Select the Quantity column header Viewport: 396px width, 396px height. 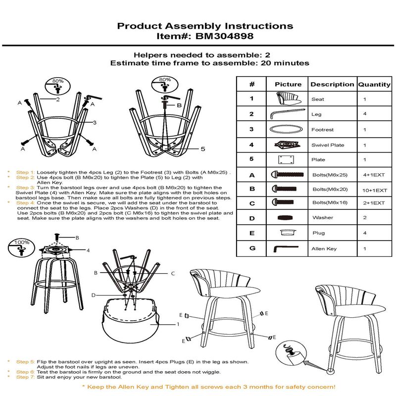[x=374, y=84]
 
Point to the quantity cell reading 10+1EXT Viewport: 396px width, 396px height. [x=374, y=190]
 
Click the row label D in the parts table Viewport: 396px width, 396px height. [x=251, y=217]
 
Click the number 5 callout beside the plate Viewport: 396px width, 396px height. [x=202, y=148]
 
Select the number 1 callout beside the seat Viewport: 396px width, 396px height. [x=178, y=325]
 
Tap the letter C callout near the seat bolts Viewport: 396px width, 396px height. [x=173, y=273]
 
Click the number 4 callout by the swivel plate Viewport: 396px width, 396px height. [x=88, y=250]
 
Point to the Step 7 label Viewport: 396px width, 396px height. [x=25, y=377]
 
